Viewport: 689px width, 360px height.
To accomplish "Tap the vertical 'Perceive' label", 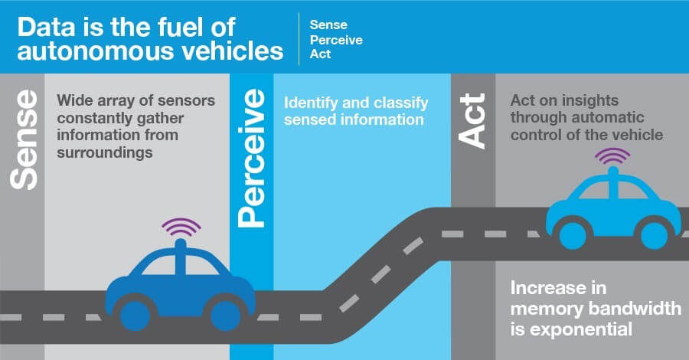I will coord(253,158).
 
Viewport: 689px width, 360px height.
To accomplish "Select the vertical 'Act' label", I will coord(473,120).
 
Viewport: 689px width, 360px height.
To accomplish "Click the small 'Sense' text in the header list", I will coord(328,25).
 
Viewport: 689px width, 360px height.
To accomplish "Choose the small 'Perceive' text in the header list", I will coord(336,40).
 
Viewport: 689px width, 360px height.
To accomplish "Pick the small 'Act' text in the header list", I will coord(321,54).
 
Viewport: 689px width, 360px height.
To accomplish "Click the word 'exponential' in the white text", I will coord(590,330).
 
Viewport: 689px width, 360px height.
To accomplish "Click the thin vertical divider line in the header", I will coord(299,39).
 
